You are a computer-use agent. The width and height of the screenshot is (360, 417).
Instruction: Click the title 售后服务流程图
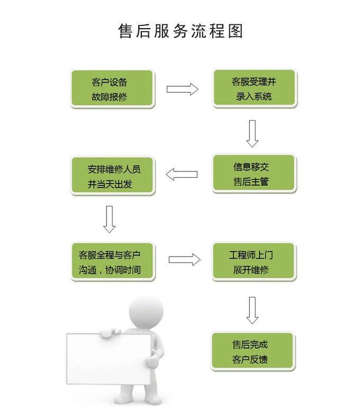click(x=181, y=31)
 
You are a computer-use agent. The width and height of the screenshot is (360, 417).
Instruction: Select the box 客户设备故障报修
click(x=113, y=89)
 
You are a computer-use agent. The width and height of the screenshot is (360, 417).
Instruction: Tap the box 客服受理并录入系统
click(x=255, y=88)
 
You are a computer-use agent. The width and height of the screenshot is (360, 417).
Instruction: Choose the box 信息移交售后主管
click(x=254, y=174)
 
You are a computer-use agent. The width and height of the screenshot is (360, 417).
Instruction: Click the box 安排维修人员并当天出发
click(x=113, y=176)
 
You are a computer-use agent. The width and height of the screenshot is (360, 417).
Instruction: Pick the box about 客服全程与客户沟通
click(x=113, y=261)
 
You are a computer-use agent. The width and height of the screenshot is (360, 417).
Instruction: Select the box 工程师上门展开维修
click(x=254, y=261)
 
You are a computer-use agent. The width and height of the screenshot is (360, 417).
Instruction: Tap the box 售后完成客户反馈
click(x=253, y=351)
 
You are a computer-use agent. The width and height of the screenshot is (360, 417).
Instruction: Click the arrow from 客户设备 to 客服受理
click(x=183, y=89)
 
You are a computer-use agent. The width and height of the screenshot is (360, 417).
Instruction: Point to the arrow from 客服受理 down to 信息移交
click(x=252, y=133)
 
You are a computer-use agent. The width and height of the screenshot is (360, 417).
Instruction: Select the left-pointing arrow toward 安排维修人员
click(x=182, y=175)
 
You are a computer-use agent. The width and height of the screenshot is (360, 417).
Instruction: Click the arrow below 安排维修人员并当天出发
click(x=110, y=219)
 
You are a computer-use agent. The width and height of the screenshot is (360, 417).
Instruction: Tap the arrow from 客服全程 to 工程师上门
click(x=185, y=259)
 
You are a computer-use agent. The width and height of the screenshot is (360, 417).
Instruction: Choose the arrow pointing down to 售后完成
click(x=252, y=310)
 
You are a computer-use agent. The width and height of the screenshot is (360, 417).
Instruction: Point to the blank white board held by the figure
click(x=109, y=359)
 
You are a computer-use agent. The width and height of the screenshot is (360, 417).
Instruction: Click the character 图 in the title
click(x=236, y=31)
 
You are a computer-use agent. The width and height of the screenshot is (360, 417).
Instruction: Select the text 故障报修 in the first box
click(x=110, y=97)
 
